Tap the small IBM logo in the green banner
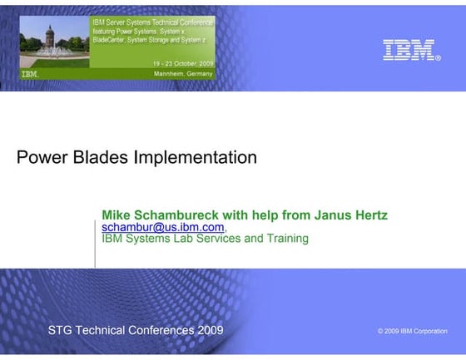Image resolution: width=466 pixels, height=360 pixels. click(30, 74)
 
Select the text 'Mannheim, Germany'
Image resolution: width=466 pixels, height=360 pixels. click(183, 74)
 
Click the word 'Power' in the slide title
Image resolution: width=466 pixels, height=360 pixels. click(42, 156)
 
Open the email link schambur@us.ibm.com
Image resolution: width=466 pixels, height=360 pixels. click(162, 227)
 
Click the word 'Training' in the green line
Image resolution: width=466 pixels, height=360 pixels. click(284, 239)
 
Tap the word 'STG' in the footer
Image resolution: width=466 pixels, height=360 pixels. click(61, 330)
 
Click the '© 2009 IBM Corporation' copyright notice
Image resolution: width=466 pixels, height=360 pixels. click(411, 331)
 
